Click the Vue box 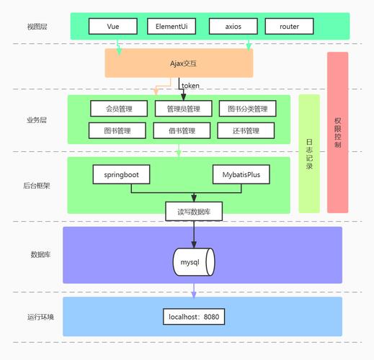[x=112, y=27]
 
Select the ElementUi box [x=171, y=27]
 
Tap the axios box [x=233, y=27]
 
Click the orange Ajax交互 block [x=179, y=63]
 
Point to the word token [x=190, y=85]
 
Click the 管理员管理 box [x=183, y=109]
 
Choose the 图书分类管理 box [x=247, y=109]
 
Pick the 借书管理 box [x=183, y=131]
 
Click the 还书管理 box [x=246, y=131]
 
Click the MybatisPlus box [x=241, y=175]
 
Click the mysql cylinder [x=193, y=261]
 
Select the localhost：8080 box [x=193, y=316]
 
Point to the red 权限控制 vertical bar [x=337, y=132]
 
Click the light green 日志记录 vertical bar [x=308, y=153]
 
